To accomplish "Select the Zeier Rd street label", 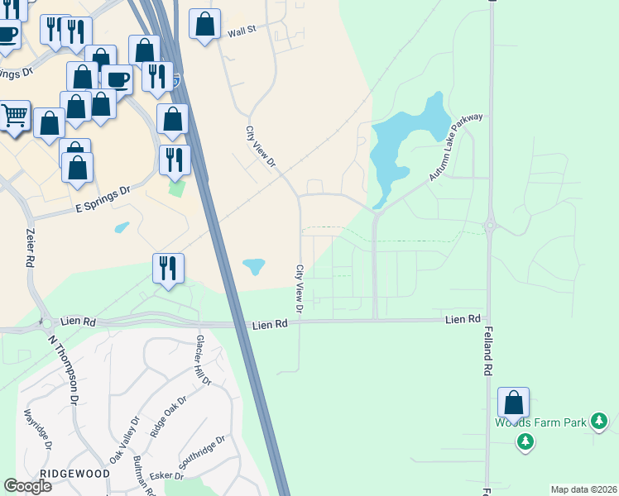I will [31, 247].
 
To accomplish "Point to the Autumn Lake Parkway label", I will [455, 148].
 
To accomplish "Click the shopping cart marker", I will [14, 117].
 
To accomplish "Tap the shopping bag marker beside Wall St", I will [204, 25].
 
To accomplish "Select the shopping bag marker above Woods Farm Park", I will [514, 403].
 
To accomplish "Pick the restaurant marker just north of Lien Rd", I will [168, 268].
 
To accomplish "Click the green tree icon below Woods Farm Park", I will [525, 442].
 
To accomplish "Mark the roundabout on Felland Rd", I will [490, 225].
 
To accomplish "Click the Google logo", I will [27, 486].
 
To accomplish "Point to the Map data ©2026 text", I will [583, 489].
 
